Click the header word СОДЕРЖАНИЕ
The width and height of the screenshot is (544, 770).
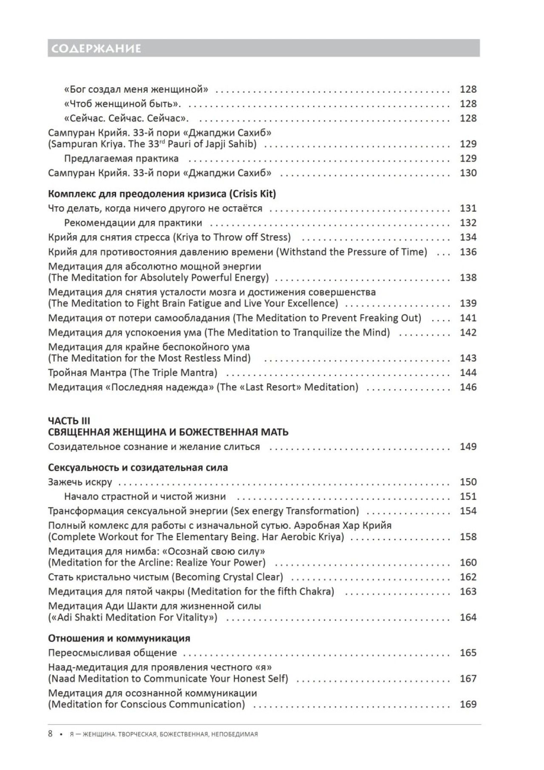(95, 48)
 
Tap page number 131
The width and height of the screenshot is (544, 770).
(468, 208)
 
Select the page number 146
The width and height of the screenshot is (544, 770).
(468, 387)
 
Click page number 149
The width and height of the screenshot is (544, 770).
(468, 447)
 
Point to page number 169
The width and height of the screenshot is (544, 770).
(468, 704)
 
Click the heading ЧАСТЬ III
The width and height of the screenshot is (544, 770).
(69, 421)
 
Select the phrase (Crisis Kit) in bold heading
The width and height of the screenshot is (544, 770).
(252, 194)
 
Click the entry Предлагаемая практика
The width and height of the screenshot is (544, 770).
(122, 159)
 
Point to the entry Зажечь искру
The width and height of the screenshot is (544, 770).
(80, 482)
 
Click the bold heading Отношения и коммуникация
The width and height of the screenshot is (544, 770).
(119, 639)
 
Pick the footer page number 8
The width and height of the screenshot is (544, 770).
(50, 734)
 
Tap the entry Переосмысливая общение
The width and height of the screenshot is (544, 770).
(113, 653)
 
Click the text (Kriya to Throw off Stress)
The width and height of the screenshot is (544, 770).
(232, 237)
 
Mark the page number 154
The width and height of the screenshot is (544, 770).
(468, 511)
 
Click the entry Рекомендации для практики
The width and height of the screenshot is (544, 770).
(133, 223)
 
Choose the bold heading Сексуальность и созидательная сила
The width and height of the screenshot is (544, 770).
(138, 468)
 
